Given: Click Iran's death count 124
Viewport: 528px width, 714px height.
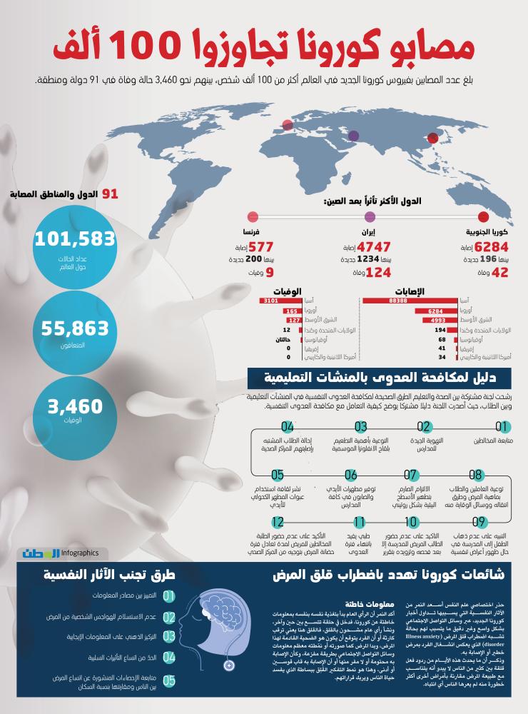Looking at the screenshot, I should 371,272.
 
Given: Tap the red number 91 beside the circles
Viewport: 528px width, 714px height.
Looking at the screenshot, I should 110,193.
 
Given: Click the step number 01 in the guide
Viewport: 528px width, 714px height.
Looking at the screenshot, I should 503,427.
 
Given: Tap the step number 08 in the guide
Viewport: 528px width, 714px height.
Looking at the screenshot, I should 476,475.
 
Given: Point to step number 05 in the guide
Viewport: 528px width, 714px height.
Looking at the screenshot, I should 278,475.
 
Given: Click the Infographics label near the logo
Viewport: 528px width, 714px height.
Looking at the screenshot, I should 81,553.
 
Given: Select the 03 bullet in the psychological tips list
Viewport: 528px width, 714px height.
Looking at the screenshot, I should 169,635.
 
